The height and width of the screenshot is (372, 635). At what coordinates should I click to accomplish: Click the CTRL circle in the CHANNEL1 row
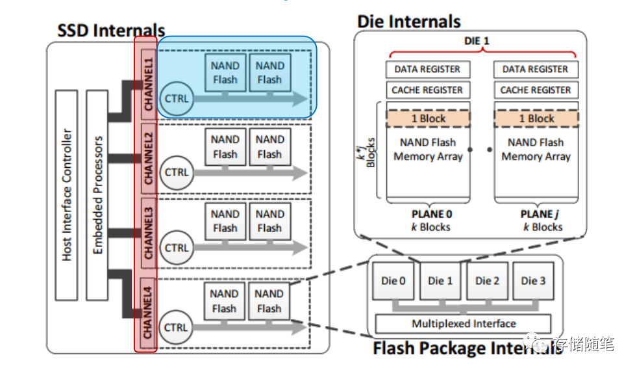coord(176,98)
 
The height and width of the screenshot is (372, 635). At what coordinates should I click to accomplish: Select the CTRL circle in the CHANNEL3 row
coord(176,248)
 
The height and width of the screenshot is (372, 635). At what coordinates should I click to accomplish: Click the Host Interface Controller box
coord(68,195)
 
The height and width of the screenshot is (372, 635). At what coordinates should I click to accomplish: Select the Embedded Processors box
coord(98,195)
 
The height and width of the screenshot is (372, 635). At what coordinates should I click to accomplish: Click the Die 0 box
coord(393,281)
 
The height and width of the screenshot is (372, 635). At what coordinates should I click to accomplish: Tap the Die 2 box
coord(487,281)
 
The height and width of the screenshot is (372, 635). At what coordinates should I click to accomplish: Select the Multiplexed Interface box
coord(464,324)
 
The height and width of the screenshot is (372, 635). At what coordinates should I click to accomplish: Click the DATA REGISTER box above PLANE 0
coord(428,69)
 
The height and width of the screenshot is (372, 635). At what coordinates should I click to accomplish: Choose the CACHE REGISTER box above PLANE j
coord(536,90)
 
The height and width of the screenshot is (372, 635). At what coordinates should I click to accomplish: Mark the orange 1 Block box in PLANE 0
coord(429,118)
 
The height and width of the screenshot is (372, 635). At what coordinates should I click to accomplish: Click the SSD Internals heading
coord(111,30)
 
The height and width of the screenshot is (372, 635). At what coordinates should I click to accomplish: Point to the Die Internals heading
coord(408,21)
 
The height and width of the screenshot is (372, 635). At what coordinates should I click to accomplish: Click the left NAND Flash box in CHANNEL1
coord(225,73)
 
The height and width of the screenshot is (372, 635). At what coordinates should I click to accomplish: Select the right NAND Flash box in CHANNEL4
coord(269,301)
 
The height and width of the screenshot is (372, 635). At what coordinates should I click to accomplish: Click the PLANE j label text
coord(536,214)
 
